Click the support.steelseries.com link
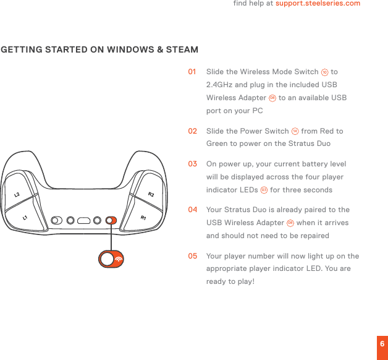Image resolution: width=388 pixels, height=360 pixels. click(318, 4)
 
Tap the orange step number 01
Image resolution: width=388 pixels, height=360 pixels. click(193, 72)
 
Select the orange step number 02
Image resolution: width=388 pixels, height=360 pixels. click(193, 131)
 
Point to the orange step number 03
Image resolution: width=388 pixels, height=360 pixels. click(193, 164)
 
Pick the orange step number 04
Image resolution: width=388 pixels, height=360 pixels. click(193, 210)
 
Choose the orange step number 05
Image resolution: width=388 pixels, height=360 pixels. click(193, 255)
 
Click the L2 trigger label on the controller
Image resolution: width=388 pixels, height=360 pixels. click(17, 195)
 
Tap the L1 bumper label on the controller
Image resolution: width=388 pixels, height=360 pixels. click(25, 218)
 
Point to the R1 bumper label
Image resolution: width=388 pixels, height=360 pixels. click(143, 218)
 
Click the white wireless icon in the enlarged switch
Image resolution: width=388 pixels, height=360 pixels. click(117, 259)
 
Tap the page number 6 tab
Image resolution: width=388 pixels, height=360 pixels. click(382, 344)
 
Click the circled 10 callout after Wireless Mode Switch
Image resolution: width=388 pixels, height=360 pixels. click(325, 72)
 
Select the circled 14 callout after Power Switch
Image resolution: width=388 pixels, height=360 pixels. click(295, 131)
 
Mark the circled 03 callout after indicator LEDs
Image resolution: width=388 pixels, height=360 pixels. click(264, 190)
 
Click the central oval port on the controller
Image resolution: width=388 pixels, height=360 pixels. click(84, 220)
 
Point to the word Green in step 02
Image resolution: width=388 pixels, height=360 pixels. click(217, 144)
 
